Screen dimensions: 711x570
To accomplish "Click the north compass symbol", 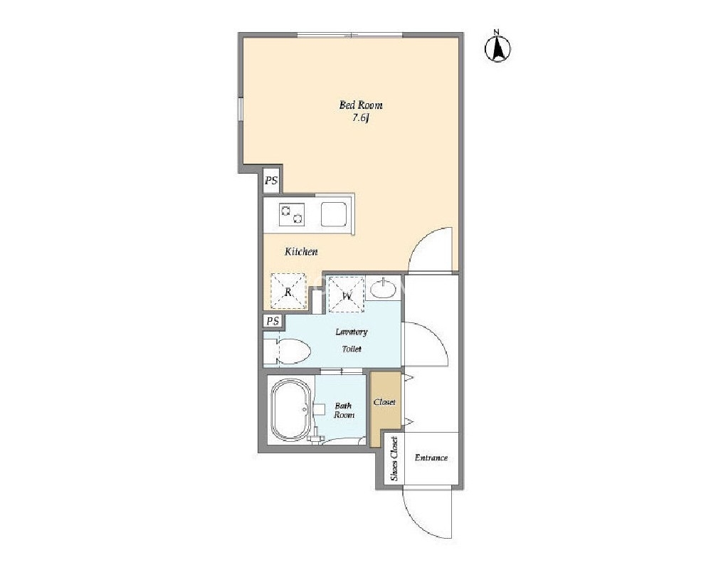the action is tap(497, 46).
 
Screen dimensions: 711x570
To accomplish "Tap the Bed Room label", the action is tap(361, 105).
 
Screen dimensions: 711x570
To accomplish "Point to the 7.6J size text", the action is tap(361, 119).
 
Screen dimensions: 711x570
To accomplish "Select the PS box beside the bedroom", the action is tap(271, 181).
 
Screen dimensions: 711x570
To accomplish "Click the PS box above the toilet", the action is tap(273, 322).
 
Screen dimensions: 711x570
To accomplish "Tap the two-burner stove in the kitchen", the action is tap(291, 214).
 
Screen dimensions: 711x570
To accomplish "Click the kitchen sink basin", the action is tap(334, 214).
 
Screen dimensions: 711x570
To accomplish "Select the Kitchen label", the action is tap(301, 252).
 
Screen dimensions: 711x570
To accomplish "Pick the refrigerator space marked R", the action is tap(288, 291).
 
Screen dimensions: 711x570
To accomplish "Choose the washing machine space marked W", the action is tap(347, 295).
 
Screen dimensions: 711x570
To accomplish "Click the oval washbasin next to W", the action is tap(383, 289).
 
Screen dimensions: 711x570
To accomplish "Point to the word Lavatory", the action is tap(352, 332).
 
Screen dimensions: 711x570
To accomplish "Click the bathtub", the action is tap(290, 411).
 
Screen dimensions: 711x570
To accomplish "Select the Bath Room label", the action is tap(344, 411).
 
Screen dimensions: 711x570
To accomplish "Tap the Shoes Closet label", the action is tap(394, 458).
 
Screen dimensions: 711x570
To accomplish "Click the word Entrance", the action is tap(431, 458).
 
